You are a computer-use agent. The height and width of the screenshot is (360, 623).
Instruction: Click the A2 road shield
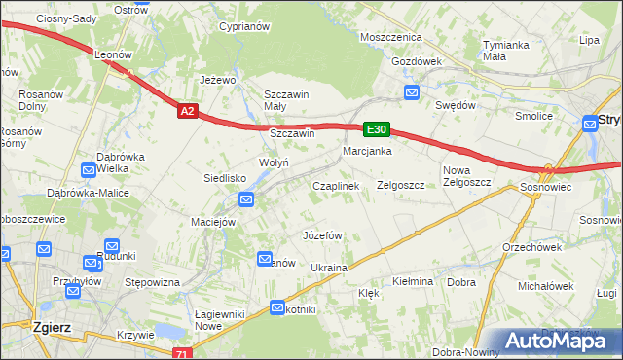[189, 112]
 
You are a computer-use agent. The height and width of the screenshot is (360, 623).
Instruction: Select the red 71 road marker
[182, 354]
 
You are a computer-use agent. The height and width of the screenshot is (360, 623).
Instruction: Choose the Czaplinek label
[336, 185]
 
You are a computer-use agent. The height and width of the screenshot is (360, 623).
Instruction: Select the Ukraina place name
[329, 267]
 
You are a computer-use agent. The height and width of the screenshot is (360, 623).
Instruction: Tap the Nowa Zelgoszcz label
[464, 176]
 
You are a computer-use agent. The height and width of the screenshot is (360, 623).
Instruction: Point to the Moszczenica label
[389, 36]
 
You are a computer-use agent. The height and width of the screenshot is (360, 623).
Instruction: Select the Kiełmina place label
[412, 281]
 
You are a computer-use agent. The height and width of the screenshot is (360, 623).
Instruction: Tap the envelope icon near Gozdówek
[412, 93]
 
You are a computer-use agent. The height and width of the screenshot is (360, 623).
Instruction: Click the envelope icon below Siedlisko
[246, 200]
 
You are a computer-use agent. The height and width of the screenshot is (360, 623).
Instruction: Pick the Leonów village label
[113, 55]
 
